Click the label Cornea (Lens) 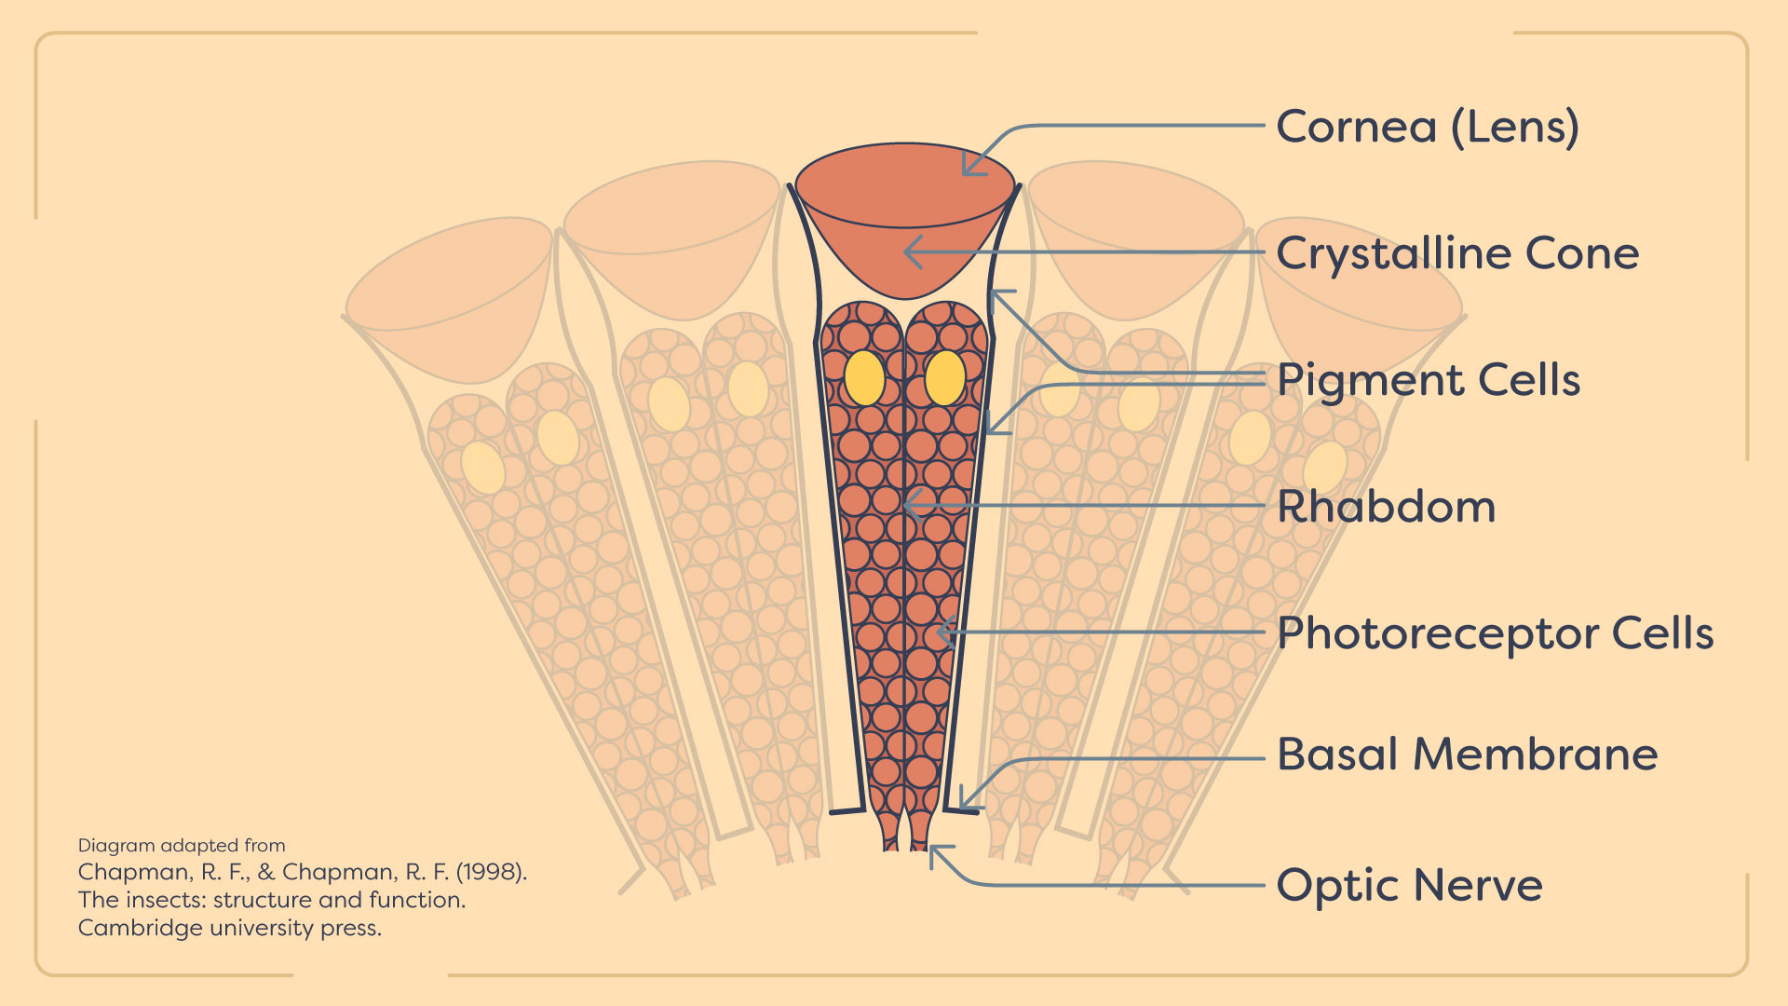coord(1428,127)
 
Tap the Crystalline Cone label coord(1457,253)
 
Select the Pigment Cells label coord(1429,380)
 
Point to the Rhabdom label coord(1386,507)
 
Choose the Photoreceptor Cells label coord(1495,633)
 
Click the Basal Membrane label coord(1468,754)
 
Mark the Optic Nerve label coord(1409,885)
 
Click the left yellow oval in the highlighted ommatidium coord(864,377)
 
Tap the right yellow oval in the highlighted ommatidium coord(945,377)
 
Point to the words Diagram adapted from coord(182,846)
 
